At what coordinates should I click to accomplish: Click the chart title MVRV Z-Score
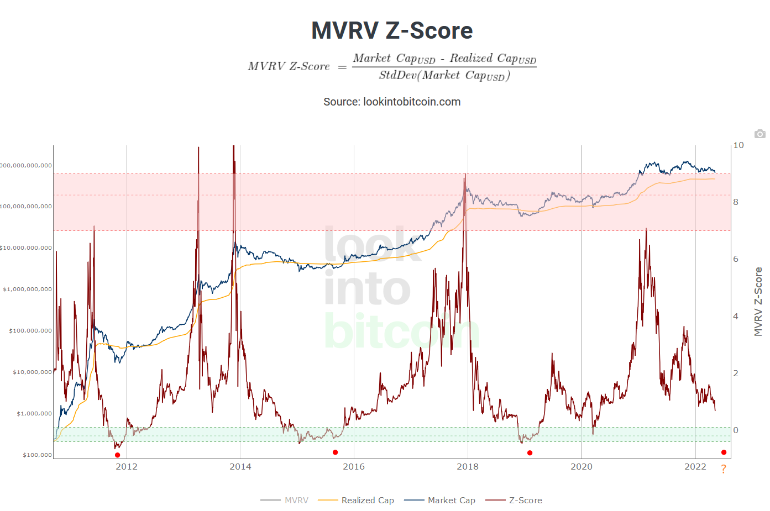coord(392,30)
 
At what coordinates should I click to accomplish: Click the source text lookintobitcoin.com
coord(392,102)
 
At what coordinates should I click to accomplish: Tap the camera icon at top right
coord(760,134)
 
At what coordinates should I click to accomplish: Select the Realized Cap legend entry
coord(367,501)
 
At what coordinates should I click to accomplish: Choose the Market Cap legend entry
coord(451,501)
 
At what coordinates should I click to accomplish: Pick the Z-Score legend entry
coord(525,501)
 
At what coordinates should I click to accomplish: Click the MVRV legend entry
coord(296,501)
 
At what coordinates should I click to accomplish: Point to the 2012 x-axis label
coord(127,467)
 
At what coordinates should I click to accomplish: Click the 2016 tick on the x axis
coord(354,467)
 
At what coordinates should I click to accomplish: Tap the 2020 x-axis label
coord(582,467)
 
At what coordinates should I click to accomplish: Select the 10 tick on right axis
coord(738,145)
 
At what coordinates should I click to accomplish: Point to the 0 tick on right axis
coord(736,430)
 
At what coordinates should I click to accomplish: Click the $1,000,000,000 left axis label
coord(28,289)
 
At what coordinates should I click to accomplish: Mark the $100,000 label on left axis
coord(38,455)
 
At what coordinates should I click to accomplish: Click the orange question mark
coord(724,470)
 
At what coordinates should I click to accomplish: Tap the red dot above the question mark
coord(724,452)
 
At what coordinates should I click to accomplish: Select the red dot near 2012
coord(118,455)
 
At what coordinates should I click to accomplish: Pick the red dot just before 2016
coord(336,452)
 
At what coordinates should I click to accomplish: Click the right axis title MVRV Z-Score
coord(758,302)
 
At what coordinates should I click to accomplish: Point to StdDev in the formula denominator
coord(397,76)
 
